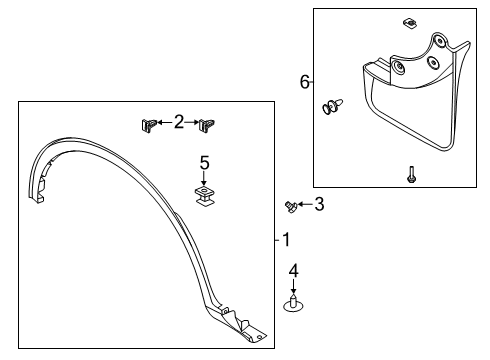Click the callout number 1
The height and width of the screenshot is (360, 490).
[286, 240]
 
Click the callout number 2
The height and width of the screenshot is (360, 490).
[178, 122]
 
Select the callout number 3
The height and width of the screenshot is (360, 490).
[319, 204]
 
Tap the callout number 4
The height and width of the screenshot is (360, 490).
[294, 270]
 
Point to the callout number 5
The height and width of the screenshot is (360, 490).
[204, 162]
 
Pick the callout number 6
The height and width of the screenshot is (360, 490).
[305, 83]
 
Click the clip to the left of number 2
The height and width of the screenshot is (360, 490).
[148, 125]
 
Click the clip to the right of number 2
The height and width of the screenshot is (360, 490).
[208, 125]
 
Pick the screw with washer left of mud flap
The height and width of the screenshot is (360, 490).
[331, 107]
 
